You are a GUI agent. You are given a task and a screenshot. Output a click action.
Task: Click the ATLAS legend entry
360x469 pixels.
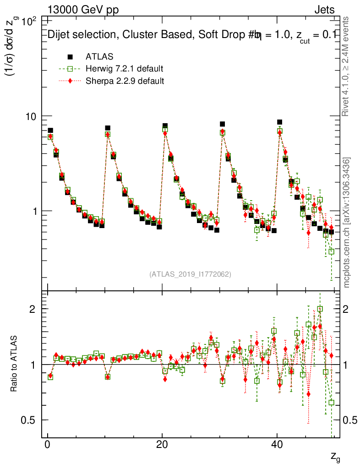99,57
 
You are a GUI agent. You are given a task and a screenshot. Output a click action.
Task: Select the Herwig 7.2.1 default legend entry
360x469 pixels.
124,69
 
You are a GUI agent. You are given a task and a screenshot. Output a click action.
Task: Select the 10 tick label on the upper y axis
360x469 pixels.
30,116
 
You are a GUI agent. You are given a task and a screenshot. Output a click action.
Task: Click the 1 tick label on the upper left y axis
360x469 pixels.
33,211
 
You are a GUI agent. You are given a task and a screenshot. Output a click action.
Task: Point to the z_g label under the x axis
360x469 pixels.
335,457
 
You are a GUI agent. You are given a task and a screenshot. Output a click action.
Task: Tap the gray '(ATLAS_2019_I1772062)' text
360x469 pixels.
190,274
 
